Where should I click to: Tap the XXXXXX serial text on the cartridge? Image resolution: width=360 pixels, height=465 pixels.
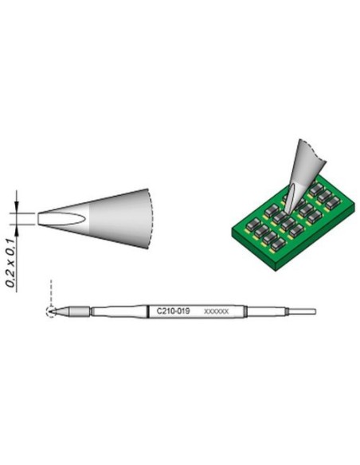point(216,312)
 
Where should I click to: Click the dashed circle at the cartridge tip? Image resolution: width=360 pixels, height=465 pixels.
point(51,311)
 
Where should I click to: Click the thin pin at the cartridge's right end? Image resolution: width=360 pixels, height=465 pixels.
point(302,311)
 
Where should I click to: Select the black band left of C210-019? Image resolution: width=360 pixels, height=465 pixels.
point(150,311)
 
